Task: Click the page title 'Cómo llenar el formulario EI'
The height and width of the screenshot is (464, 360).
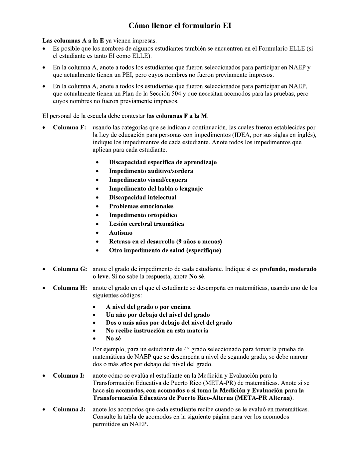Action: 180,26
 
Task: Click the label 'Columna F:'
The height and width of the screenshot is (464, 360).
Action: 70,127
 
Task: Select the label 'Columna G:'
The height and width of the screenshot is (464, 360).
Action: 70,269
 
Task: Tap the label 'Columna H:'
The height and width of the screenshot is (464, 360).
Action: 70,288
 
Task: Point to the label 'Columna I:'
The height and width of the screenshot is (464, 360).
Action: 69,376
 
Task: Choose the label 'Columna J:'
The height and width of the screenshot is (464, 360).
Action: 69,409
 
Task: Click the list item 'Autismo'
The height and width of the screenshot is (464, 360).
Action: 120,233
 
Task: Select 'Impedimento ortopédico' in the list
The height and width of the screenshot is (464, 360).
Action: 143,215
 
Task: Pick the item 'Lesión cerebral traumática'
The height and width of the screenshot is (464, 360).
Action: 146,224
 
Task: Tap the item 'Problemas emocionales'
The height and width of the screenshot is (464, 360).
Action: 141,206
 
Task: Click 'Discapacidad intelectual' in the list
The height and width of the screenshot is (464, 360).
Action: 143,197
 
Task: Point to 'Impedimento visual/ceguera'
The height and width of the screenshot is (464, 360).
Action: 148,180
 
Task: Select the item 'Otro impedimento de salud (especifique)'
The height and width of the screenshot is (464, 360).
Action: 165,250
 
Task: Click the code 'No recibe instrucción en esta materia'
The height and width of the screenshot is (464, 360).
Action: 157,330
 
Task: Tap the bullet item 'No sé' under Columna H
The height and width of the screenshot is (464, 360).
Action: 113,338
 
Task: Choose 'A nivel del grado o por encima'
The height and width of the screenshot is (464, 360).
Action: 148,307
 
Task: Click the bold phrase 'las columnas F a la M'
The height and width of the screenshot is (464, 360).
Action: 177,116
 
